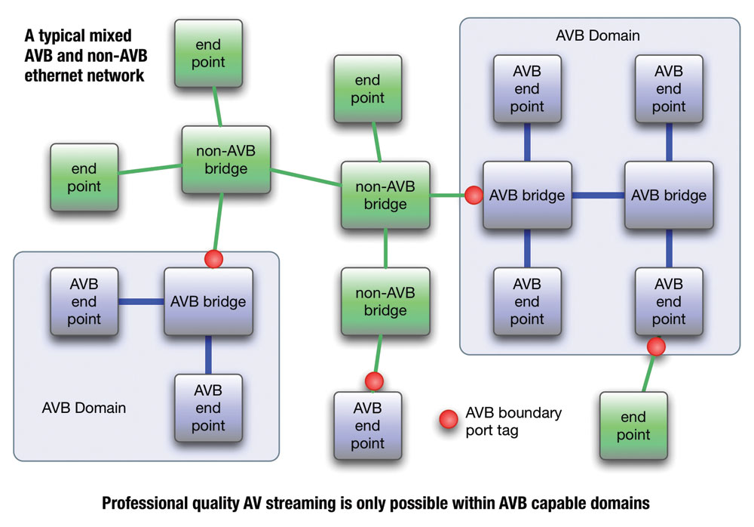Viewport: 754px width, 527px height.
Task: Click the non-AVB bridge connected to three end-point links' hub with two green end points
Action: point(225,159)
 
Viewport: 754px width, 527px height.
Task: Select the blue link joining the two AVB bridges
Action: point(598,196)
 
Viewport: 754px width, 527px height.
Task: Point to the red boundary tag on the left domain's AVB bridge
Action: point(214,259)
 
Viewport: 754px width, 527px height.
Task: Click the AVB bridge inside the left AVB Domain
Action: point(208,302)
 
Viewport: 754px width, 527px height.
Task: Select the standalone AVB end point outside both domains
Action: point(367,426)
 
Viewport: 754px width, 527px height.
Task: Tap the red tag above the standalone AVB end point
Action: point(374,381)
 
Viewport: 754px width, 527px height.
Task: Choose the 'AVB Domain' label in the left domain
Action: point(84,408)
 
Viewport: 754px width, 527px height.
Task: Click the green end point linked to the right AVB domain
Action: point(633,426)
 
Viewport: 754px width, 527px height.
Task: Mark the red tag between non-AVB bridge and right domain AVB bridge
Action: point(474,196)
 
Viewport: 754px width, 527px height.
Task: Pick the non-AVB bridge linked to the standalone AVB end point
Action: point(385,301)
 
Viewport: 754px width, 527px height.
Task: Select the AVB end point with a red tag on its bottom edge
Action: point(669,302)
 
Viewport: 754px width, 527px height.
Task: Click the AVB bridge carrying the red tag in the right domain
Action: point(527,196)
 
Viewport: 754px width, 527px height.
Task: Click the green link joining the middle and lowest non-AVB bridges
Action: point(385,248)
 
